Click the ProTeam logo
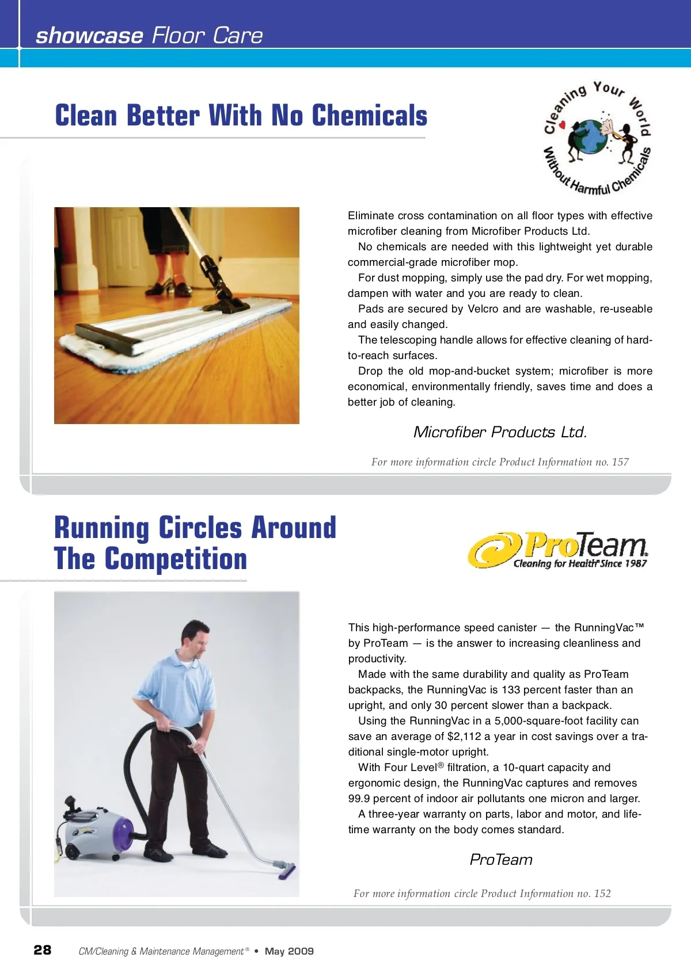click(x=558, y=550)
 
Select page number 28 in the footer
click(x=43, y=950)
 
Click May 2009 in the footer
click(x=289, y=951)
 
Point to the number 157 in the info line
click(x=620, y=462)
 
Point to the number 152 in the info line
click(x=602, y=894)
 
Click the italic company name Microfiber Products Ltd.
click(x=500, y=432)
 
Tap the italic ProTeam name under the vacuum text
click(x=501, y=860)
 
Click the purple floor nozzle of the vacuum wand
click(x=286, y=870)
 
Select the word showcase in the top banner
click(x=89, y=36)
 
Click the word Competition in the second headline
click(x=176, y=559)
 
